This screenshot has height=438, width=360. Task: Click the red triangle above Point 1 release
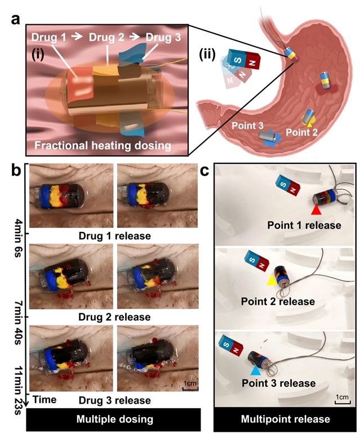(317, 210)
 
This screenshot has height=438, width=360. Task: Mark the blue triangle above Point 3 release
(256, 371)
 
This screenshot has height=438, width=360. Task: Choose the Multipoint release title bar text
(285, 419)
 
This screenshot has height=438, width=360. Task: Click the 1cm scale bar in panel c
(341, 397)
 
